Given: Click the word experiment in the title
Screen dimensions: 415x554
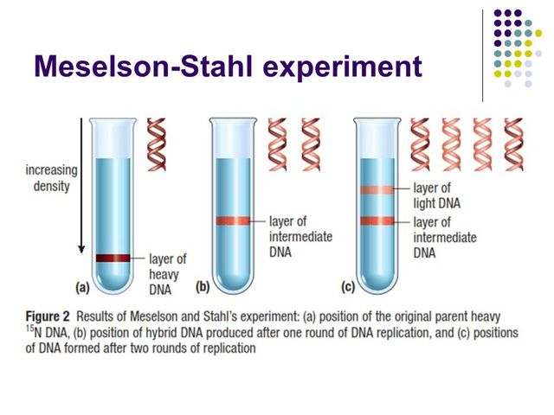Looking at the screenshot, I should [355, 66].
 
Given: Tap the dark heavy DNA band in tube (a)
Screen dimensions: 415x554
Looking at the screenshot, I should [112, 258].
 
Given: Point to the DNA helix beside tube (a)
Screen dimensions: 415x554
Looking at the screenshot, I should [157, 142].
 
